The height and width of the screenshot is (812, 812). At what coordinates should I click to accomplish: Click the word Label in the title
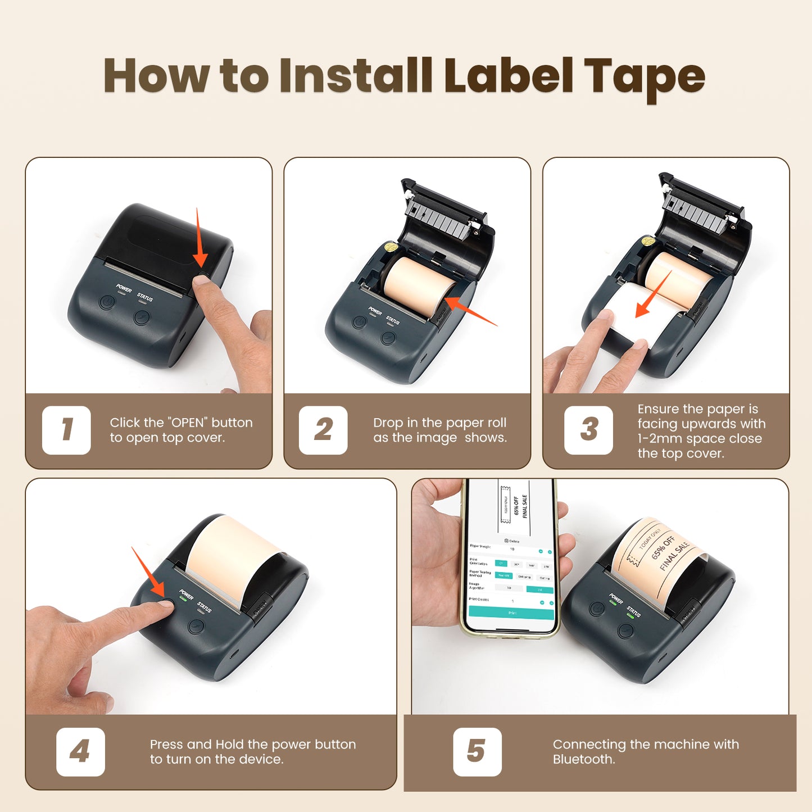(x=509, y=76)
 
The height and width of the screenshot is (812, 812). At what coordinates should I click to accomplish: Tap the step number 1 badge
(x=66, y=430)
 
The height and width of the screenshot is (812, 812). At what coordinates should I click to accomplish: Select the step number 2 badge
(x=323, y=430)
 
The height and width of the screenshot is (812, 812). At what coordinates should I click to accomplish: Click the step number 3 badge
(x=588, y=430)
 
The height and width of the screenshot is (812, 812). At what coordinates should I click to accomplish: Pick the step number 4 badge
(x=80, y=751)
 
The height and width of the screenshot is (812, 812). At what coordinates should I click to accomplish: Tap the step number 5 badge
(x=477, y=751)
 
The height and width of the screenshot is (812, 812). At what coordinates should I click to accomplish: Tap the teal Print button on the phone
(x=511, y=613)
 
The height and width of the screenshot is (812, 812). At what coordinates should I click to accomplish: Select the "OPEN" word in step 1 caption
(x=188, y=423)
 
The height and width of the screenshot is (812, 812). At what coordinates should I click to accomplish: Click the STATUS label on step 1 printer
(x=145, y=297)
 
